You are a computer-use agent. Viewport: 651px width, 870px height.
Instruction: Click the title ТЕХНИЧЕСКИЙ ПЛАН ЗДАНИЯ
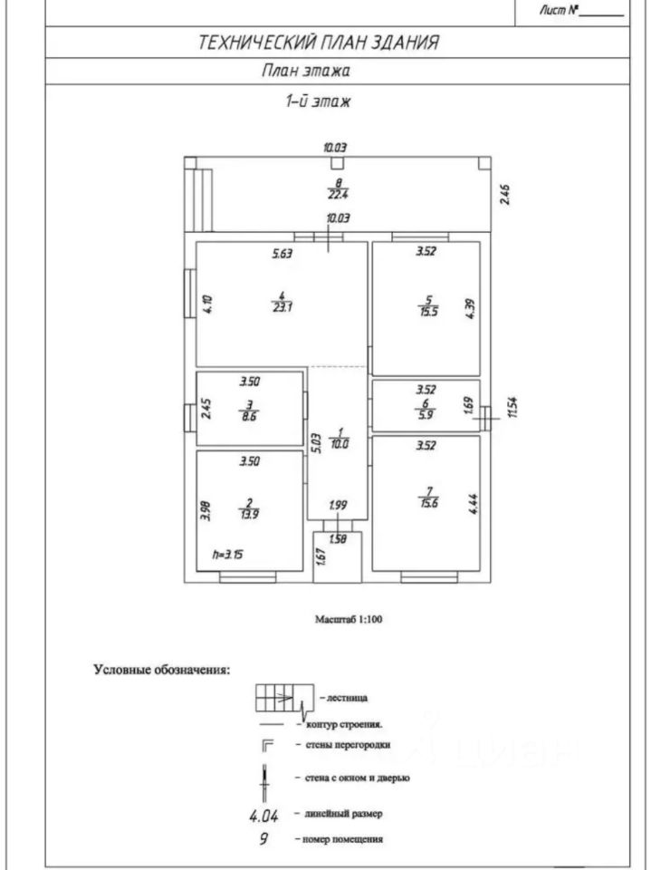[319, 42]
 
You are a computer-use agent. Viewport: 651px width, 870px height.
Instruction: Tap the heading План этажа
[306, 70]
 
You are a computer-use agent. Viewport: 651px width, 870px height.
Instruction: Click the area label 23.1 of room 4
[282, 307]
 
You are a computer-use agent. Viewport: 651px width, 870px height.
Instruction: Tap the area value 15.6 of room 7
[427, 505]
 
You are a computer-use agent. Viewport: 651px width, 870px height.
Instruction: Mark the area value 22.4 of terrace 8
[337, 192]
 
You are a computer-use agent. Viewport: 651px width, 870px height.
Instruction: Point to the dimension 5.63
[283, 255]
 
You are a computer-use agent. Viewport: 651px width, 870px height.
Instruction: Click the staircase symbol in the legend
[282, 698]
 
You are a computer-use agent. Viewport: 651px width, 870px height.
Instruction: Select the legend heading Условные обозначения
[161, 671]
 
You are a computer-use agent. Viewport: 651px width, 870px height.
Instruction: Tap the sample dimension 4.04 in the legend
[263, 815]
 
